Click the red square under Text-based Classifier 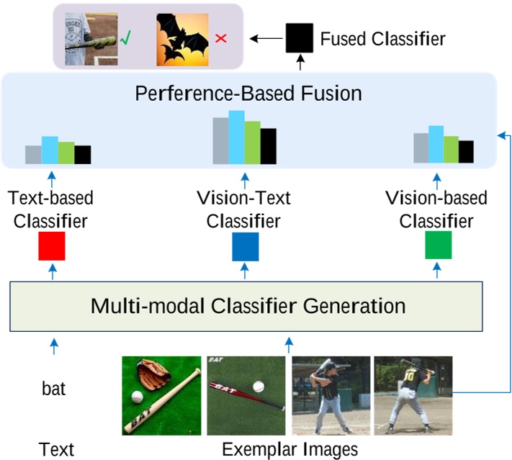click(x=52, y=245)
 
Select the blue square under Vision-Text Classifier click(x=245, y=245)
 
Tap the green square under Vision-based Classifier click(x=438, y=245)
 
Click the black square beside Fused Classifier click(x=300, y=37)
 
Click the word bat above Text click(x=53, y=389)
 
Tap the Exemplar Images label click(x=289, y=450)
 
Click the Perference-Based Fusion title click(x=248, y=94)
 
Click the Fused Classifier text click(x=383, y=37)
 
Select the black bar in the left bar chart click(x=83, y=155)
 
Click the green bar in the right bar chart click(x=451, y=150)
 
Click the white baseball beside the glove click(x=138, y=397)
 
